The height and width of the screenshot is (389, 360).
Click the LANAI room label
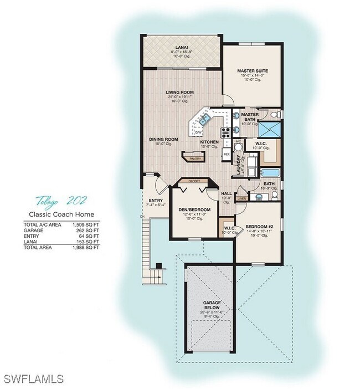click(181, 48)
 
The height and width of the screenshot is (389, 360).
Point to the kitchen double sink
click(205, 118)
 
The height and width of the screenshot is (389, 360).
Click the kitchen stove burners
click(225, 132)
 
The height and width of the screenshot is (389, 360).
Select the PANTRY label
click(195, 158)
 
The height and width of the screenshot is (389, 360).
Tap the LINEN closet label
click(241, 198)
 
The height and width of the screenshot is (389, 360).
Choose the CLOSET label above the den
click(194, 181)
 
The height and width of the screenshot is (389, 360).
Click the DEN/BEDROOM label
click(192, 209)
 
